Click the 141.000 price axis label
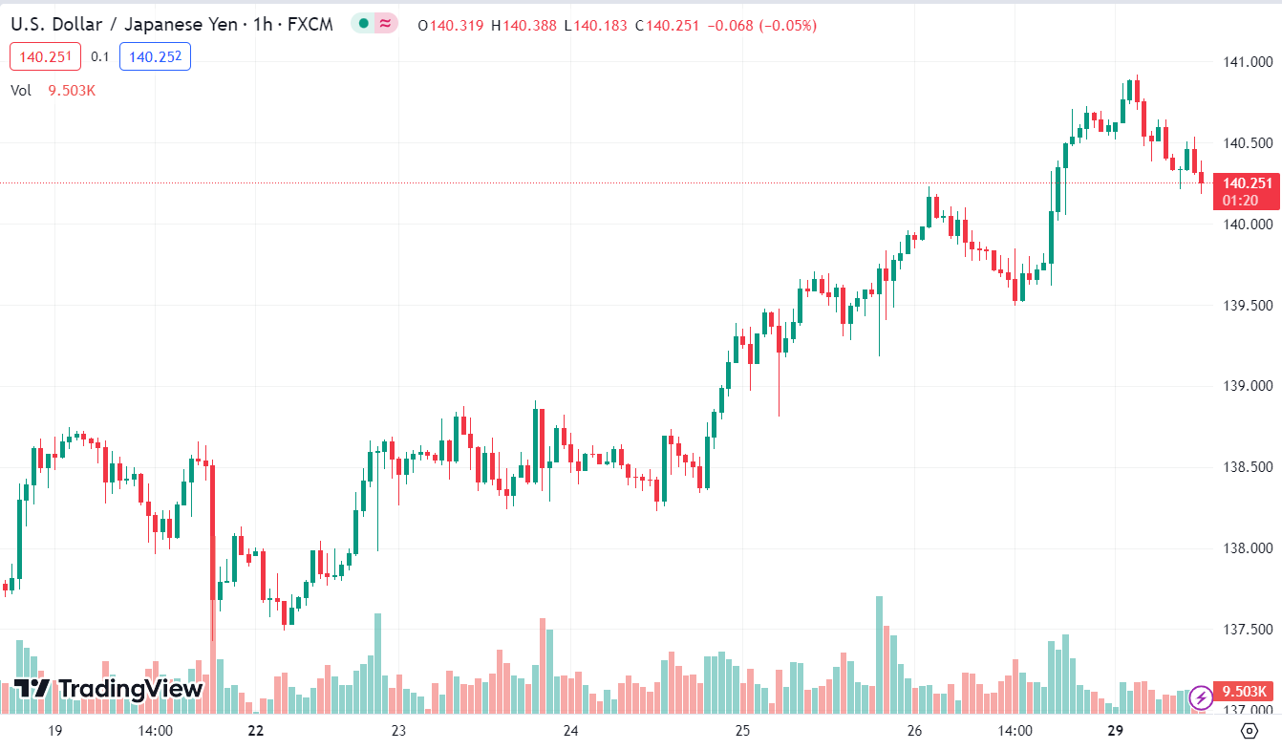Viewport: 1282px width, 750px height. click(x=1246, y=62)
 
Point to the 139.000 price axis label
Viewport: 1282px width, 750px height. click(x=1246, y=386)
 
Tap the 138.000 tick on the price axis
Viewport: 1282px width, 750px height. click(x=1246, y=548)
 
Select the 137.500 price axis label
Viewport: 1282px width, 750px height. click(x=1246, y=630)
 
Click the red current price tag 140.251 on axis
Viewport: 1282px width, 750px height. click(x=1248, y=183)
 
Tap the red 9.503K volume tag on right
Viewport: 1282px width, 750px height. click(x=1245, y=692)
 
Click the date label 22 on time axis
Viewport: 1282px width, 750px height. click(x=255, y=731)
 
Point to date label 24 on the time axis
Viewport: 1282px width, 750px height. click(x=571, y=731)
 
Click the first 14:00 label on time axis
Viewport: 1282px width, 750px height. click(x=155, y=731)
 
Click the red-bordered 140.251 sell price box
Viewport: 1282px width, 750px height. click(x=46, y=57)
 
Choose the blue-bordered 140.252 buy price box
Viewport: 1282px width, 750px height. click(x=155, y=57)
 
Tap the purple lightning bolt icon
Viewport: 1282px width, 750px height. click(x=1201, y=698)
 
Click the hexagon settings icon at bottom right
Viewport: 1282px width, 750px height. click(x=1250, y=731)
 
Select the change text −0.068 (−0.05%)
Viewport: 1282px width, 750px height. click(x=761, y=26)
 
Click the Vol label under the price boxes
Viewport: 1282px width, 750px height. click(x=21, y=91)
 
